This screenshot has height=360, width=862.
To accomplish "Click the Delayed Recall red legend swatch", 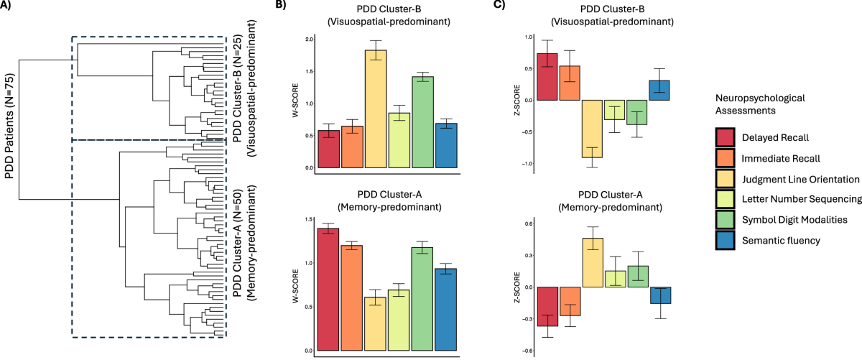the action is [726, 137].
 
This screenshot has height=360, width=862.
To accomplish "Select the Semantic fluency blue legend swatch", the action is [726, 240].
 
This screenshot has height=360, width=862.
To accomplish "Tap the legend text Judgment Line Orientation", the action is [800, 180].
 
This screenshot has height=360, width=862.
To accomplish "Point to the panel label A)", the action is [6, 6].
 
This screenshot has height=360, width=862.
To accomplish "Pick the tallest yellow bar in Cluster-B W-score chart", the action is [376, 109].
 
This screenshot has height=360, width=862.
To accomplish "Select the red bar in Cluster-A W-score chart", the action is [328, 290].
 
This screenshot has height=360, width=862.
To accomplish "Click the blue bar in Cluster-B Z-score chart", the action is [659, 91].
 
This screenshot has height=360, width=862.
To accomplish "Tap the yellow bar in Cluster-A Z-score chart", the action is [593, 262].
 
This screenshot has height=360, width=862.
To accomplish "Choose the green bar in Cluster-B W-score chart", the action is [423, 122].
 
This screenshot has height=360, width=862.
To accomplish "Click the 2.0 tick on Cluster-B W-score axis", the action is [309, 40].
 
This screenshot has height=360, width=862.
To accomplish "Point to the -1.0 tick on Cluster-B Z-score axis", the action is [527, 164].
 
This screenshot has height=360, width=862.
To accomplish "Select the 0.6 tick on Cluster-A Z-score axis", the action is [528, 223].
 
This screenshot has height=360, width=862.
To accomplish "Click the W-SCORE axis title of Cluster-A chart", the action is [295, 286].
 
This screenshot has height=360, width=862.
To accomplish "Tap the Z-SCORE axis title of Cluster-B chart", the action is [517, 100].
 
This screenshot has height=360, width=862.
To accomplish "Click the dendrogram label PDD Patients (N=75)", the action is [9, 126].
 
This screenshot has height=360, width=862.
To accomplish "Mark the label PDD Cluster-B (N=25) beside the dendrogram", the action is [238, 89].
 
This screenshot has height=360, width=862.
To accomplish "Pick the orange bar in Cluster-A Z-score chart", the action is [570, 302].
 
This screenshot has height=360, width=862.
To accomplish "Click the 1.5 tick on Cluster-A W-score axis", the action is [309, 219].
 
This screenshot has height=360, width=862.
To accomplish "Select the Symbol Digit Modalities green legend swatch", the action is [726, 219].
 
